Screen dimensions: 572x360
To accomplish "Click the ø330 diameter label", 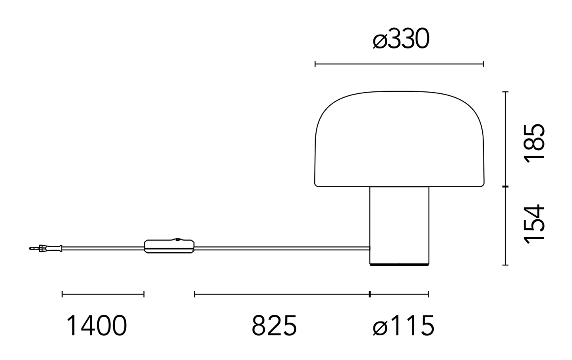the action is (x=401, y=39).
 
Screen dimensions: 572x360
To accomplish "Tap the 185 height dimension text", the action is (x=534, y=143).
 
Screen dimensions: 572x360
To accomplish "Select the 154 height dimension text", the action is (x=534, y=224).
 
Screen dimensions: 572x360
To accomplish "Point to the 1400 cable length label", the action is (x=97, y=325).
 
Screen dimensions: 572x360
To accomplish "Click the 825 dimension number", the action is (x=274, y=325).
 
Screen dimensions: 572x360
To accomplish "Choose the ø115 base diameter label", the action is (x=404, y=325).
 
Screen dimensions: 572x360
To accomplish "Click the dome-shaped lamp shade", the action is (x=399, y=139).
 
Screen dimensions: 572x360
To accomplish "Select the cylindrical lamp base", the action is (x=399, y=226).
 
